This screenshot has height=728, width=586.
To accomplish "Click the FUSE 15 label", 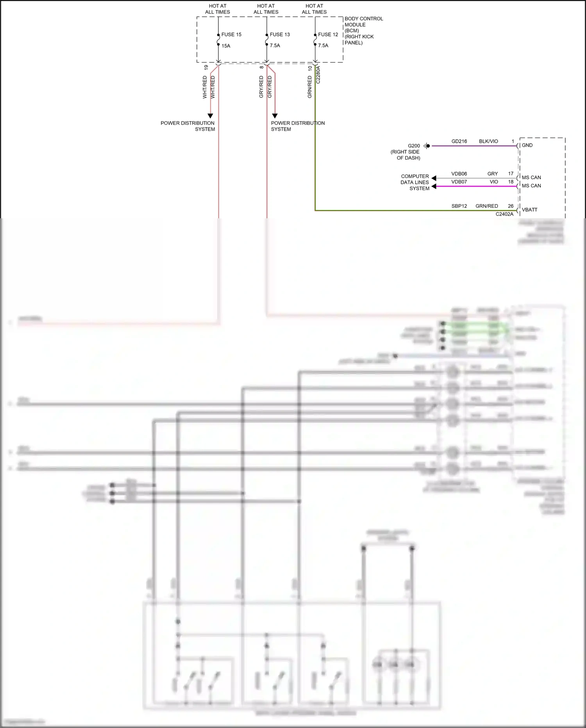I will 231,34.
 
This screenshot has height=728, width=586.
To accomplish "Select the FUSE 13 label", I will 280,34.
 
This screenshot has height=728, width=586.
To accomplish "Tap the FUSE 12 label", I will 328,34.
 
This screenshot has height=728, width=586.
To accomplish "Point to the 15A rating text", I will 226,46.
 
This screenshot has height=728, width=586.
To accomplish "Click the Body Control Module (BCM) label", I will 363,31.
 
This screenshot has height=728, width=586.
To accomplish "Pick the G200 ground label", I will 414,146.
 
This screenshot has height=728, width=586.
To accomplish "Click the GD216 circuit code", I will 459,141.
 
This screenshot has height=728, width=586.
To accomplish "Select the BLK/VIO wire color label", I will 488,141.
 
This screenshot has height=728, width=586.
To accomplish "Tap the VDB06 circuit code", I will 459,174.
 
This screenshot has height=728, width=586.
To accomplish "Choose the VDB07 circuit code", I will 459,182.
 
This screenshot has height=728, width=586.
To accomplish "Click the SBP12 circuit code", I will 459,206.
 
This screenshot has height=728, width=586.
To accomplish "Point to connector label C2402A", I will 504,214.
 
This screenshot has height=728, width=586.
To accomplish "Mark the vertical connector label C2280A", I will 318,75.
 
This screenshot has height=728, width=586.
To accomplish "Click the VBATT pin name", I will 529,210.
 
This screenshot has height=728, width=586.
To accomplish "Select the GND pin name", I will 527,145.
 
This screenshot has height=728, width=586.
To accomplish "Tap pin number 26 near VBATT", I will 511,206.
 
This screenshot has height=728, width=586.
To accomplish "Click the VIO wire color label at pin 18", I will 494,182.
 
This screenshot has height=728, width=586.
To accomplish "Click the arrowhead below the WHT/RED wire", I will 210,116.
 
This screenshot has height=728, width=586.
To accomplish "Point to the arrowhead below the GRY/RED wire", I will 275,116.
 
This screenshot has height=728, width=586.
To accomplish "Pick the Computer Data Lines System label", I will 414,182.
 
